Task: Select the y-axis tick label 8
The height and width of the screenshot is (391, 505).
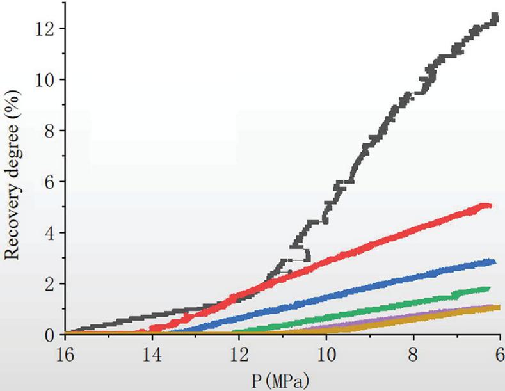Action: coord(47,131)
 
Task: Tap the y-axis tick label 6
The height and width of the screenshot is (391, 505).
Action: coord(47,182)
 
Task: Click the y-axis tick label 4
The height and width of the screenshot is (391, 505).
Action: coord(47,233)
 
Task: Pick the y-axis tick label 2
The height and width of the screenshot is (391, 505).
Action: coord(47,284)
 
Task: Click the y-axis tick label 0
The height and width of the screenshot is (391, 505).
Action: coord(47,335)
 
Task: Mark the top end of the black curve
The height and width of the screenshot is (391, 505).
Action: coord(495,16)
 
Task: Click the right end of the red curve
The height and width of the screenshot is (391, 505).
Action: coord(490,205)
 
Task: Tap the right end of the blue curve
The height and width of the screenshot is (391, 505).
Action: coord(494,261)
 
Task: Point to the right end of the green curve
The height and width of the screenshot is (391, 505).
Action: coord(489,289)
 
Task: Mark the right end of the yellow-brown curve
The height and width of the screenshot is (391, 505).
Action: coord(497,308)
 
